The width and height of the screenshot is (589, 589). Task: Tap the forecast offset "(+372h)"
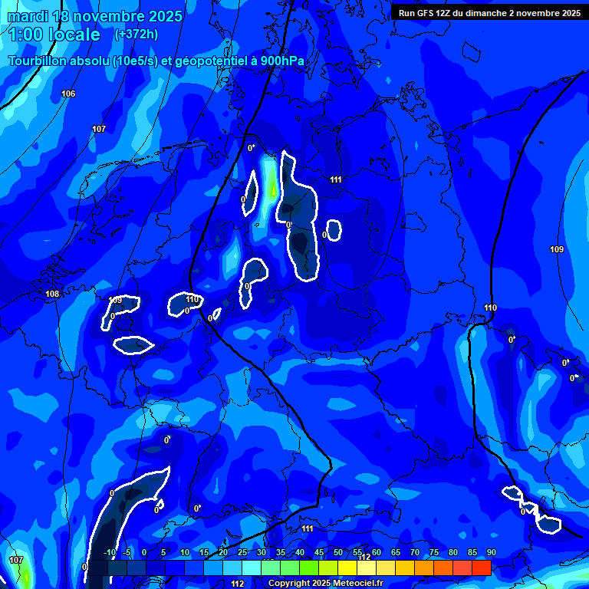(137, 35)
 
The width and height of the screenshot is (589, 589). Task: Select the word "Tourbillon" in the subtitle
(40, 61)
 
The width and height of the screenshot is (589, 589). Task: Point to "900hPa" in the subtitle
(281, 61)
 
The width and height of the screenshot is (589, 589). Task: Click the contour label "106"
(68, 94)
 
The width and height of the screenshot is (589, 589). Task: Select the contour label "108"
(52, 294)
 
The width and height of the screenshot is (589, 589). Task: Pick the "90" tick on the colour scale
(491, 553)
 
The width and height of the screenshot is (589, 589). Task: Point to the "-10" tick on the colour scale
(109, 553)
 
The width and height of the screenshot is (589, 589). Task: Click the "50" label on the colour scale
(338, 553)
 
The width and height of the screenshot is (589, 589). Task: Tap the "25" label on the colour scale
(242, 553)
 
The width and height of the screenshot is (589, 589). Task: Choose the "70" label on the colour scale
(415, 553)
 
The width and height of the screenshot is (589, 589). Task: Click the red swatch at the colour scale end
(482, 568)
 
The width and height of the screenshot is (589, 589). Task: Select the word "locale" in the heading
(74, 35)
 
